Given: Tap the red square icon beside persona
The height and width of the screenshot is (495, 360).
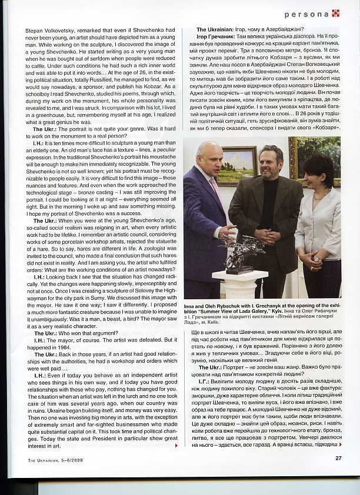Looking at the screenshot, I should [336, 13].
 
